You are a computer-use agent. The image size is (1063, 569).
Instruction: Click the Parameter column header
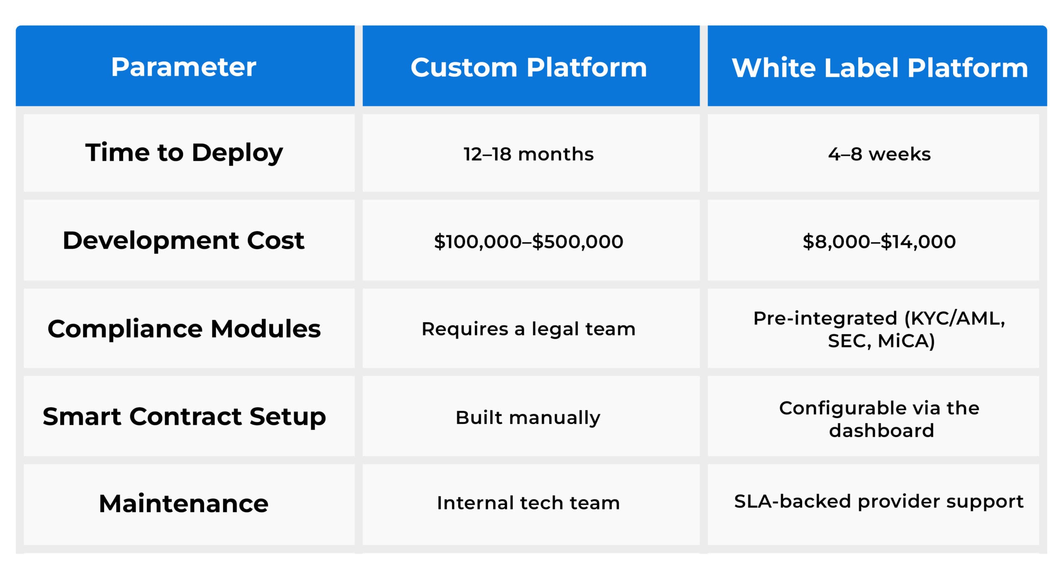184,67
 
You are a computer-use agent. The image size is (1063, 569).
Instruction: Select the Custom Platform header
528,67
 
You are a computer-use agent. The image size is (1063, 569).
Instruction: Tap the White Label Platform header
879,67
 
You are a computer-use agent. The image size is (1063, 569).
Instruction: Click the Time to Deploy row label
184,152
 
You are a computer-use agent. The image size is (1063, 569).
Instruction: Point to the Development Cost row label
184,240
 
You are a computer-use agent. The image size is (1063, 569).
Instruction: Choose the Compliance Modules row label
184,329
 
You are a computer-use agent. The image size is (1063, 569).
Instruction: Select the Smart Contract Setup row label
184,417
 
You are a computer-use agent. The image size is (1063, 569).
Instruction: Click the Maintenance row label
184,503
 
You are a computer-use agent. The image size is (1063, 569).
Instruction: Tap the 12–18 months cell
528,154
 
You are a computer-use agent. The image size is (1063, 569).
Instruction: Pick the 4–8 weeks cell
879,154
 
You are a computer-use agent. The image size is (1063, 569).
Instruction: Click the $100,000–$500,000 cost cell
528,241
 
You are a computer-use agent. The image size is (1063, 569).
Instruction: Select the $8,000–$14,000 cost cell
879,241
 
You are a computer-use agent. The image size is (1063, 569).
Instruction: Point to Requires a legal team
528,329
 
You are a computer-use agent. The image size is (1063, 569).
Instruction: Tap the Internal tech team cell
528,503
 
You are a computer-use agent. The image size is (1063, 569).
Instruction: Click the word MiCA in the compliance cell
905,341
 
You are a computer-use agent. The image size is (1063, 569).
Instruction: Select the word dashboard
881,431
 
